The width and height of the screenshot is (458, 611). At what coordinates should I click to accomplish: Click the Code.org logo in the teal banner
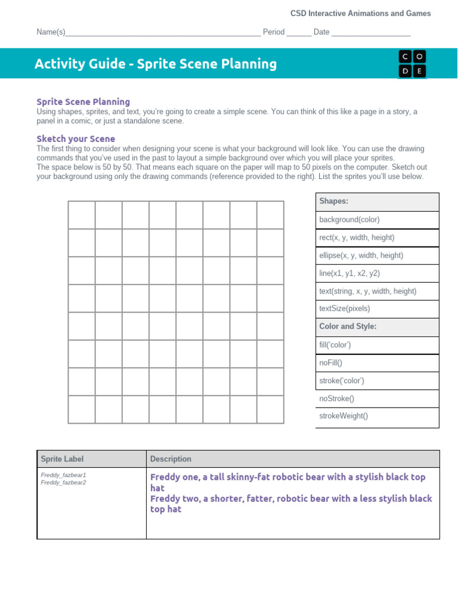412,63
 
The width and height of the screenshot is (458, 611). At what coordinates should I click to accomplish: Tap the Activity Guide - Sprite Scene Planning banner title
156,64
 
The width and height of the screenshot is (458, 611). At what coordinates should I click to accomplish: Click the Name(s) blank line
163,32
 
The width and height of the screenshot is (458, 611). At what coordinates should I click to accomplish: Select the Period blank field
299,32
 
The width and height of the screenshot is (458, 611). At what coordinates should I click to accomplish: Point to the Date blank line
370,32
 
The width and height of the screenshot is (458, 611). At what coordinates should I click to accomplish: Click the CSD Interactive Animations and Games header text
360,13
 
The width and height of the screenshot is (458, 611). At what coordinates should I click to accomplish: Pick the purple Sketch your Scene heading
76,139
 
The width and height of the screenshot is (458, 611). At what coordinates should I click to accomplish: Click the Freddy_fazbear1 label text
63,475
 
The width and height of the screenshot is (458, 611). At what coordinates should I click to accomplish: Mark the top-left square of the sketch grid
82,215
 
